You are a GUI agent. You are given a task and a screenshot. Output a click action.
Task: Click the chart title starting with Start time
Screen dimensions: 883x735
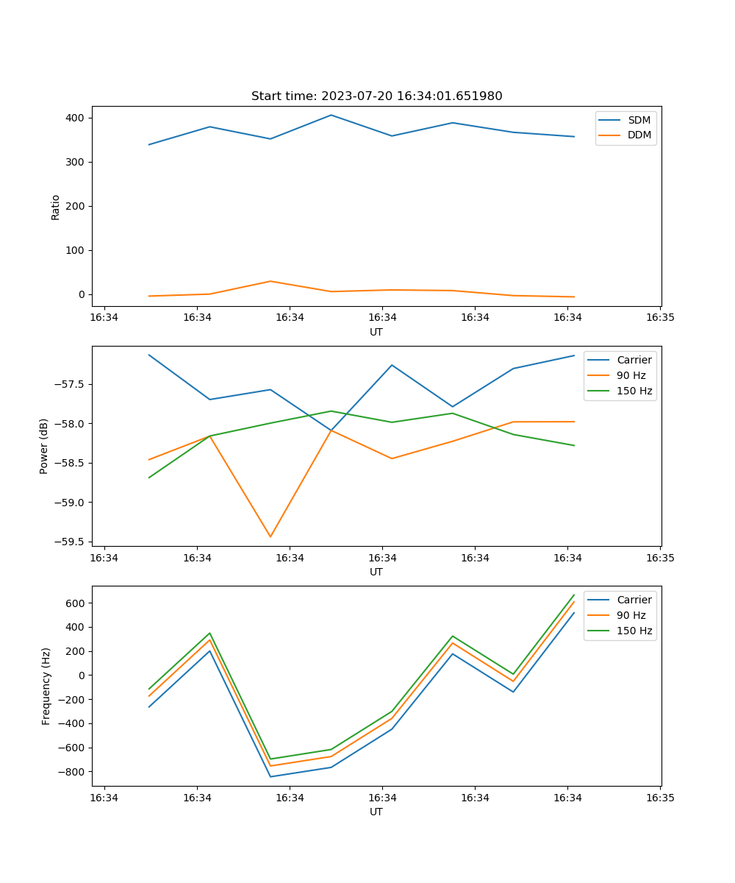pos(376,96)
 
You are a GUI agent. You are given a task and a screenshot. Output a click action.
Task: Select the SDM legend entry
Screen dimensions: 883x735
pos(639,120)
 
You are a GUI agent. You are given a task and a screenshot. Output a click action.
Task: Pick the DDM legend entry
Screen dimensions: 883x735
pos(639,135)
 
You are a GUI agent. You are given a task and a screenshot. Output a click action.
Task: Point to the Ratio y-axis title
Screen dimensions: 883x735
pos(56,207)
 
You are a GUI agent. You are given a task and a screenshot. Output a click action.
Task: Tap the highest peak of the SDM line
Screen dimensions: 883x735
pos(331,115)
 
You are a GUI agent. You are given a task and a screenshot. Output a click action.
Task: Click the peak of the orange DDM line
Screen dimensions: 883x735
pos(270,281)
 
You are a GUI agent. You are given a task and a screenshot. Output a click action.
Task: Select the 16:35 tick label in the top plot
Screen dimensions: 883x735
pos(660,318)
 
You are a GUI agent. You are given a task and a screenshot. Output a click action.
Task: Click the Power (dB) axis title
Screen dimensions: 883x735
pos(44,446)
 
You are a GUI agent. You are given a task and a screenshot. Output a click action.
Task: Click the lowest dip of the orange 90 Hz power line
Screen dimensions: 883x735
pos(270,536)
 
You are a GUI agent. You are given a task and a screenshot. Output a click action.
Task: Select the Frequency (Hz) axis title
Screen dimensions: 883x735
pos(46,686)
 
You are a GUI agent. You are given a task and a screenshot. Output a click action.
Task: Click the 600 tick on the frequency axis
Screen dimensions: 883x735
pos(77,603)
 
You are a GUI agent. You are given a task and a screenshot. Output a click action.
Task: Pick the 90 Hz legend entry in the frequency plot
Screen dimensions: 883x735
pos(631,615)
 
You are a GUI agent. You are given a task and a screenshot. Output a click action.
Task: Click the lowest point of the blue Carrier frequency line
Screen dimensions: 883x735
pos(270,776)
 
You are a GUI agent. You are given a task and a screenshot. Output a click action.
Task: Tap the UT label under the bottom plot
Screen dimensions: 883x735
pos(376,812)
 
